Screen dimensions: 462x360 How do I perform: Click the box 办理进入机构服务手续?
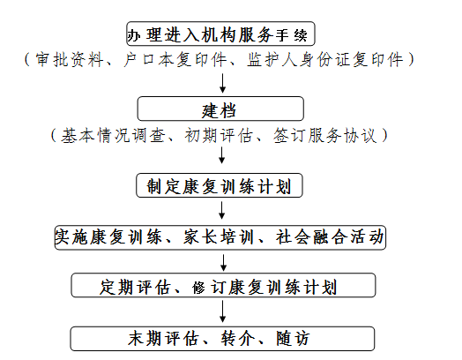pyautogui.click(x=220, y=34)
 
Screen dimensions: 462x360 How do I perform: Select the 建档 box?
pyautogui.click(x=220, y=109)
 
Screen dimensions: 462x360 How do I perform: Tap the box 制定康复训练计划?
pyautogui.click(x=220, y=185)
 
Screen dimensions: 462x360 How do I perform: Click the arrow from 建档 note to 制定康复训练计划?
pyautogui.click(x=221, y=155)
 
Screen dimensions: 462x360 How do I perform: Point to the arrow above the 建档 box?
pyautogui.click(x=222, y=84)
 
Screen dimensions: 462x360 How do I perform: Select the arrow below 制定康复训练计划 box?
pyautogui.click(x=222, y=210)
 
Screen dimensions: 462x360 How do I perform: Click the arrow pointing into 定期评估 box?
pyautogui.click(x=223, y=263)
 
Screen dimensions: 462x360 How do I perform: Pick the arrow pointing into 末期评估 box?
pyautogui.click(x=223, y=311)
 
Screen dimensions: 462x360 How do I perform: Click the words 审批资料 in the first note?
pyautogui.click(x=70, y=60)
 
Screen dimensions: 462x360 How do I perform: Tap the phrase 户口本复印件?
pyautogui.click(x=175, y=60)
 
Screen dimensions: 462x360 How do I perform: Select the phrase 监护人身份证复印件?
pyautogui.click(x=325, y=60)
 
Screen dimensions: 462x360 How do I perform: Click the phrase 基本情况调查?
pyautogui.click(x=113, y=136)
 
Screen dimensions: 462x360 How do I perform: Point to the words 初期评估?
pyautogui.click(x=219, y=136)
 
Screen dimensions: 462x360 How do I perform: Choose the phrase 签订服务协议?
pyautogui.click(x=324, y=136)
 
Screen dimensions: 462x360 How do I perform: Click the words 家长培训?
pyautogui.click(x=219, y=237)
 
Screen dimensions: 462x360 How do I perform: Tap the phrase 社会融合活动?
pyautogui.click(x=330, y=237)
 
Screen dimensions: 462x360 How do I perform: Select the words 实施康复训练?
pyautogui.click(x=108, y=237)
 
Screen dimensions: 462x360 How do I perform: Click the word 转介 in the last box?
pyautogui.click(x=238, y=339)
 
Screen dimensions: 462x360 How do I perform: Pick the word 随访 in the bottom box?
pyautogui.click(x=293, y=339)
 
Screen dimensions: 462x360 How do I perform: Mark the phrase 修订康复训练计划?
pyautogui.click(x=265, y=287)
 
